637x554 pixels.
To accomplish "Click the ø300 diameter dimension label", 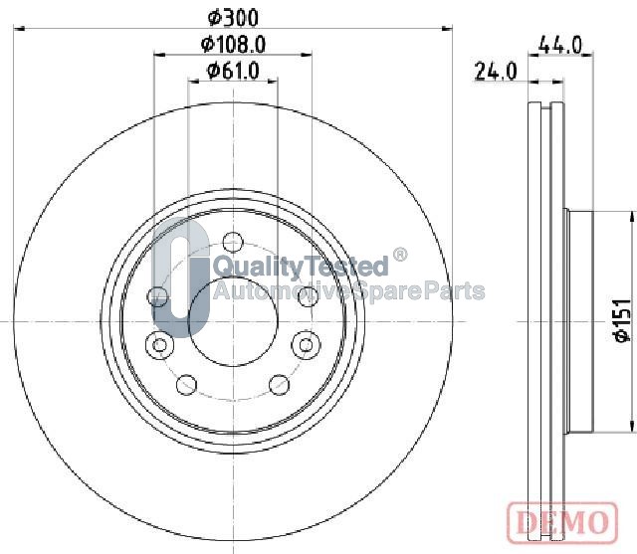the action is pyautogui.click(x=233, y=18).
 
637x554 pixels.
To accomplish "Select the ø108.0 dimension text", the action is pyautogui.click(x=233, y=44).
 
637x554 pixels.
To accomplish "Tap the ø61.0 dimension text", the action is pyautogui.click(x=233, y=71).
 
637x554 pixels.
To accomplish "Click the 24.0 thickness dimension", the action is pyautogui.click(x=496, y=72).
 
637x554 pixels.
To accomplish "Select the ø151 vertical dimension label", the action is pyautogui.click(x=622, y=320).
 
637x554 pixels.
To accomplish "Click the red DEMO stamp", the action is pyautogui.click(x=562, y=522).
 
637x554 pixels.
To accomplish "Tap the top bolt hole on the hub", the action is pyautogui.click(x=233, y=242).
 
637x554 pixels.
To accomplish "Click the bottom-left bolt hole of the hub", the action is pyautogui.click(x=187, y=384).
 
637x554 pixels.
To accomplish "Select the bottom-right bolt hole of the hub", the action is pyautogui.click(x=280, y=384).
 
